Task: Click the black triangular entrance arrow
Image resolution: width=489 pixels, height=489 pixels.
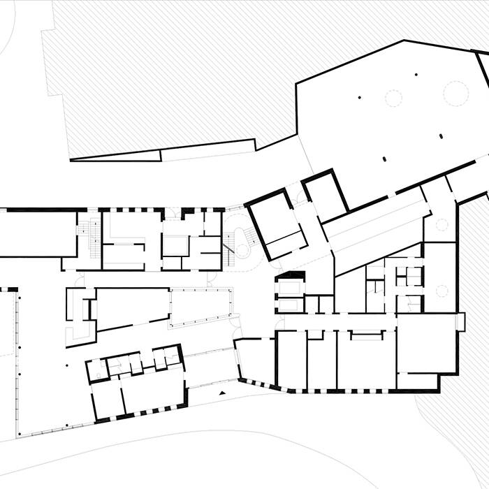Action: click(x=222, y=394)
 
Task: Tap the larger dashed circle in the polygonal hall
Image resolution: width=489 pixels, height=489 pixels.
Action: click(x=455, y=91)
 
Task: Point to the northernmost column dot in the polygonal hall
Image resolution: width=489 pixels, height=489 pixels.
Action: click(x=416, y=74)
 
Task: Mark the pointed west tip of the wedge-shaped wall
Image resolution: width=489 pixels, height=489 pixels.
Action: click(x=72, y=160)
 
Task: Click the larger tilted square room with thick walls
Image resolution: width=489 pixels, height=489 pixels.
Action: click(x=277, y=224)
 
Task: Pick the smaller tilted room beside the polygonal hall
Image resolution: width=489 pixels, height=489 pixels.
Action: click(x=324, y=196)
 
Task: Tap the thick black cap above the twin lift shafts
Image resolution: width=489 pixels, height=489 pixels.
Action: click(x=291, y=275)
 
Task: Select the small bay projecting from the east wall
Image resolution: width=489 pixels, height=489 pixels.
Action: click(x=460, y=322)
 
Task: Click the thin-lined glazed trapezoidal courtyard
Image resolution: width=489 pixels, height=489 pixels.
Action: click(x=200, y=308)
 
